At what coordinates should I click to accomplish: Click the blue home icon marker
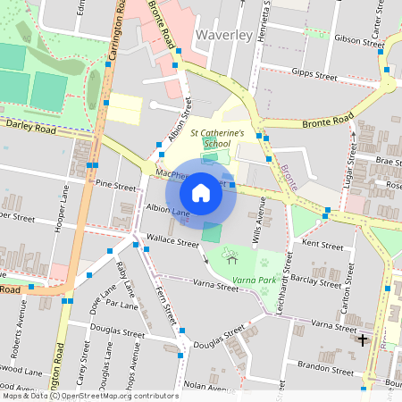(201, 192)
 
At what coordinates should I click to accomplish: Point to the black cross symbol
(362, 339)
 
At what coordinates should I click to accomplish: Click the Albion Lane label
(168, 212)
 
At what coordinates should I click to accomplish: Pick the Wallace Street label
(172, 242)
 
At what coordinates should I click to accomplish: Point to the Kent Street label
(322, 244)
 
